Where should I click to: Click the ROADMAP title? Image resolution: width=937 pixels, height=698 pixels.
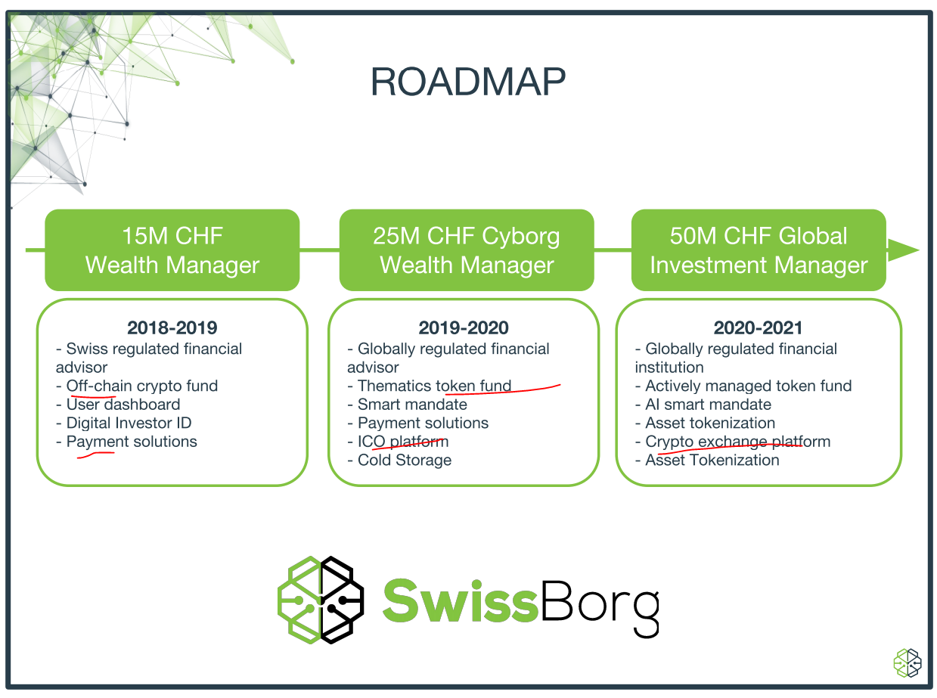coord(467,82)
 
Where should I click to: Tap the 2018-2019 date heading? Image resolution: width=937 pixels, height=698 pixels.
coord(172,328)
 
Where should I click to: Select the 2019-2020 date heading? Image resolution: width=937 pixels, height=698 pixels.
coord(464,328)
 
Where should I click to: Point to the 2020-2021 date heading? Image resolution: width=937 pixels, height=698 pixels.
coord(758,328)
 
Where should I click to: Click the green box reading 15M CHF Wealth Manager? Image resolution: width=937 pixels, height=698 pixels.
coord(172,250)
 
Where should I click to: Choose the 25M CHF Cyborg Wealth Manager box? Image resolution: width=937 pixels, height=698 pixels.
coord(467,250)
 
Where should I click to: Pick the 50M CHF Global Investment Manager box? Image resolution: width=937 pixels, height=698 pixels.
coord(759,250)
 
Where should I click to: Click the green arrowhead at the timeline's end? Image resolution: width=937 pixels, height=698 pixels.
coord(902,250)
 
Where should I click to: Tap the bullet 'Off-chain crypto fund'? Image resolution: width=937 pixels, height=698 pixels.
coord(137,386)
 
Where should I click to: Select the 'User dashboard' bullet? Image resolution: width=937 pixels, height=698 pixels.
coord(118,405)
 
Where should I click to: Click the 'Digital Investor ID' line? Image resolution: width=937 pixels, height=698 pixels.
coord(124,423)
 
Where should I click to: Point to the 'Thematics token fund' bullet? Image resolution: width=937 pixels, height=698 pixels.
coord(430,386)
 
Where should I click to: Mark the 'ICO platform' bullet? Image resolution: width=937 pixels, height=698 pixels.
coord(398,442)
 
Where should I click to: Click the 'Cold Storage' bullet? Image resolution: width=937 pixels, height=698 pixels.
coord(399,460)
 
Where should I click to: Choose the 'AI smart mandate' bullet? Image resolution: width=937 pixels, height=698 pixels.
coord(703,405)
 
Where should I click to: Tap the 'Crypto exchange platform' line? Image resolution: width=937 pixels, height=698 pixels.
coord(733,442)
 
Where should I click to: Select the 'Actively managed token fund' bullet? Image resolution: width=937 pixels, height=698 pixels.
coord(743,386)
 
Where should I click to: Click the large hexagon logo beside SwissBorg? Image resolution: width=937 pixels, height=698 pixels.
coord(321,600)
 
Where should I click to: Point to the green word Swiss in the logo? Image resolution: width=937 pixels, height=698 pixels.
coord(461,601)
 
